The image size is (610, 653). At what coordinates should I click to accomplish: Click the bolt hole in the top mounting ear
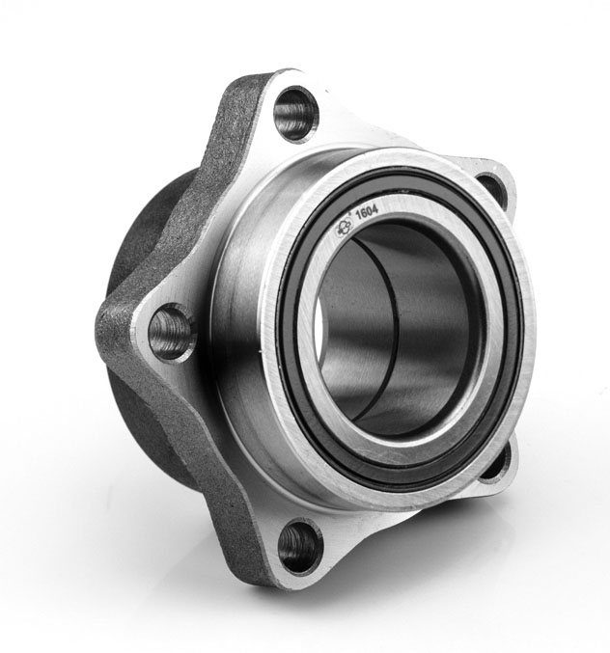(x=296, y=113)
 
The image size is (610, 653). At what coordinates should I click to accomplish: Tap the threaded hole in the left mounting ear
(x=171, y=332)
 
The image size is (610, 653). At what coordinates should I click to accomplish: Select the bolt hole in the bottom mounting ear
(x=300, y=546)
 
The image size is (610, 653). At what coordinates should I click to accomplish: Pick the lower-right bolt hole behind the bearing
(x=496, y=461)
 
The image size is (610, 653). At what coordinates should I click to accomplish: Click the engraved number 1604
(x=367, y=212)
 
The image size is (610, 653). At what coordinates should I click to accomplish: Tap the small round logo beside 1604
(x=346, y=228)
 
